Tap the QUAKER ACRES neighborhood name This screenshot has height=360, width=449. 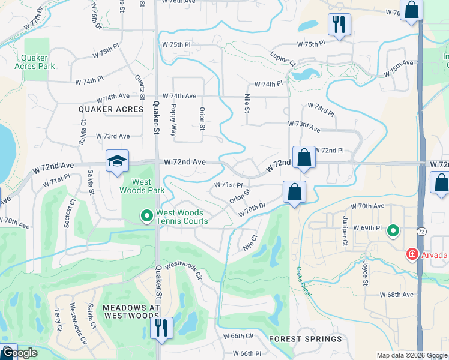(111, 109)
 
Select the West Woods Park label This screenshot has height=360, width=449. (142, 186)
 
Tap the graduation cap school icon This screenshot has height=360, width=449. (117, 161)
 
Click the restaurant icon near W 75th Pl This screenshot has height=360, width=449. (339, 25)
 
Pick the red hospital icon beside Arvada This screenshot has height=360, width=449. (412, 255)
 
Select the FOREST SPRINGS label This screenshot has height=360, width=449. (306, 339)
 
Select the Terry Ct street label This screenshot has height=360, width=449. (58, 320)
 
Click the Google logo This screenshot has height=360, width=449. (20, 353)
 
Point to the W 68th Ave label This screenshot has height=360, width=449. (397, 295)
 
